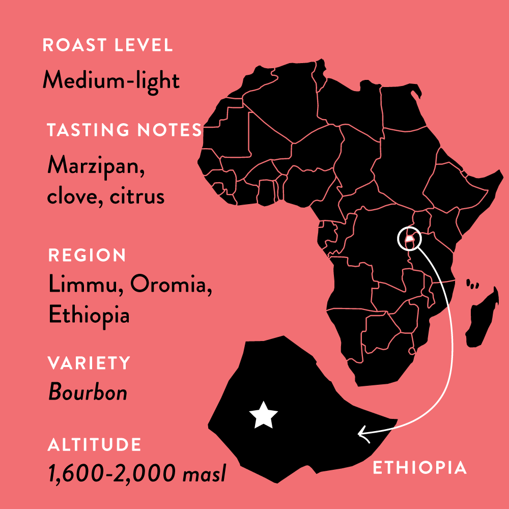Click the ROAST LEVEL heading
coord(107,45)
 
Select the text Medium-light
coord(111,80)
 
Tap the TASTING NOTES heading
coord(124,130)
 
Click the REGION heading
coord(87,255)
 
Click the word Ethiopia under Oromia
coord(89,315)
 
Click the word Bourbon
coord(88,392)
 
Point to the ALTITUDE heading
coord(94,444)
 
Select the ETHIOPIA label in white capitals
coord(420,468)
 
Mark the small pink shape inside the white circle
coord(409,238)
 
